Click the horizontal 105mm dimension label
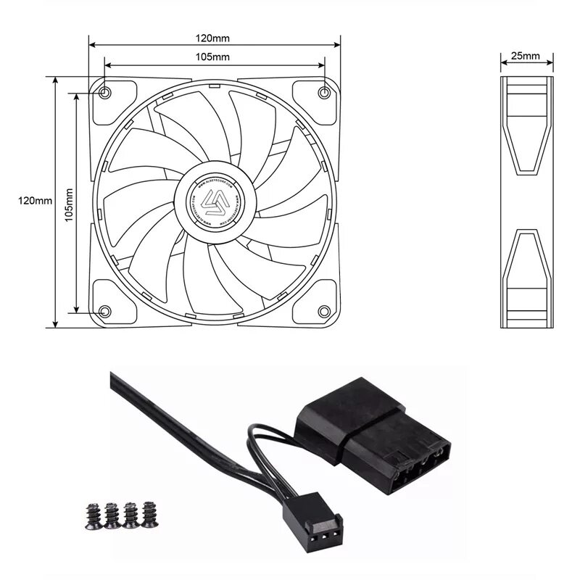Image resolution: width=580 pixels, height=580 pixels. (x=214, y=57)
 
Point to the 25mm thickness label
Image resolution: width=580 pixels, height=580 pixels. (x=525, y=56)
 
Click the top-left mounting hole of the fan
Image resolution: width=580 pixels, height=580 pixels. (x=105, y=93)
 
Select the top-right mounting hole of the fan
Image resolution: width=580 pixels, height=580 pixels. (x=324, y=92)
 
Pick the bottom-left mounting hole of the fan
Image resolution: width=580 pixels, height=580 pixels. (x=104, y=311)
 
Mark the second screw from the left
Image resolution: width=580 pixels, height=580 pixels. (x=112, y=515)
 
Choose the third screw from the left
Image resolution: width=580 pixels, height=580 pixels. (x=130, y=515)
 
